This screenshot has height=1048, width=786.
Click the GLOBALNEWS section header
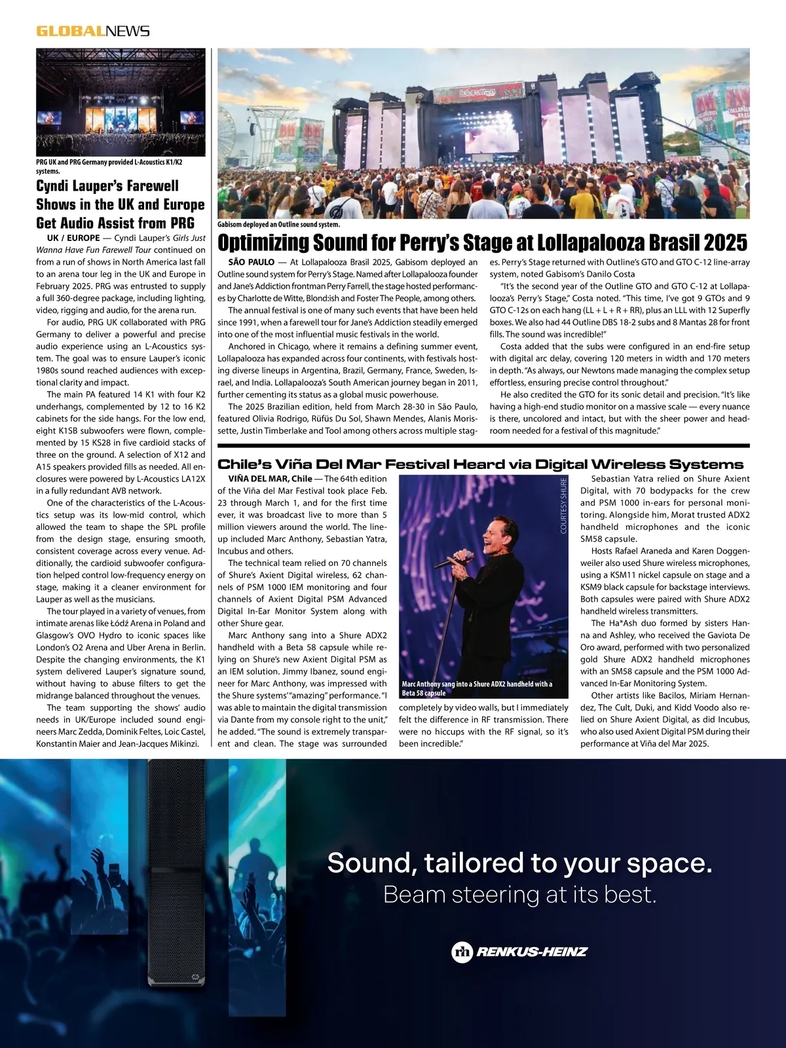93,31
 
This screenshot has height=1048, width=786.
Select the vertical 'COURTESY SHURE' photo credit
563,506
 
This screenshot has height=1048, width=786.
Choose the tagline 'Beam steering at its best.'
519,894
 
